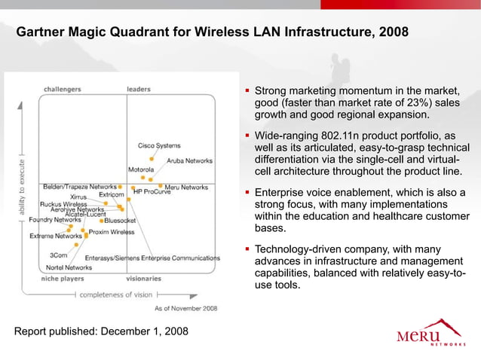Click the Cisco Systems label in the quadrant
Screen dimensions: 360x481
pyautogui.click(x=158, y=145)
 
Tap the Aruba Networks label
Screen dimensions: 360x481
pyautogui.click(x=189, y=161)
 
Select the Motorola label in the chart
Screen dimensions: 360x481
pyautogui.click(x=142, y=169)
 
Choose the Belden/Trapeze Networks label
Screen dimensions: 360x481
pyautogui.click(x=79, y=186)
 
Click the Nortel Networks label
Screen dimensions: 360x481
pyautogui.click(x=69, y=267)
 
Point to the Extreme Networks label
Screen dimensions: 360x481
pyautogui.click(x=56, y=236)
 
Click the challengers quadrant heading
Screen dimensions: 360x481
pyautogui.click(x=62, y=89)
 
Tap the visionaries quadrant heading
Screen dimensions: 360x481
pyautogui.click(x=143, y=278)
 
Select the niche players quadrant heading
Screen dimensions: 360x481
pyautogui.click(x=63, y=278)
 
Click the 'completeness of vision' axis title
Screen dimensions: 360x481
pyautogui.click(x=117, y=294)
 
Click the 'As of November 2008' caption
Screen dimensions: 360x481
pyautogui.click(x=185, y=308)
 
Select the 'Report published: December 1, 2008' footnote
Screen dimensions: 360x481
pyautogui.click(x=101, y=331)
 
